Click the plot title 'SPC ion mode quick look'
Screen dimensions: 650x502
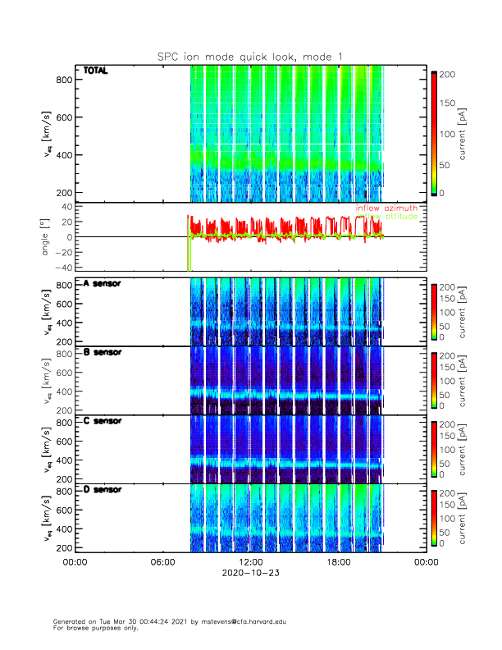[x=250, y=57]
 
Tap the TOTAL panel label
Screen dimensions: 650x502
[x=95, y=71]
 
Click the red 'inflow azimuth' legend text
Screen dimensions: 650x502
[x=386, y=208]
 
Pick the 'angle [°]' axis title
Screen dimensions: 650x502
[x=47, y=237]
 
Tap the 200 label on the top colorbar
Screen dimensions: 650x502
[x=449, y=74]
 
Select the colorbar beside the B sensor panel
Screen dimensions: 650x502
[x=434, y=378]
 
